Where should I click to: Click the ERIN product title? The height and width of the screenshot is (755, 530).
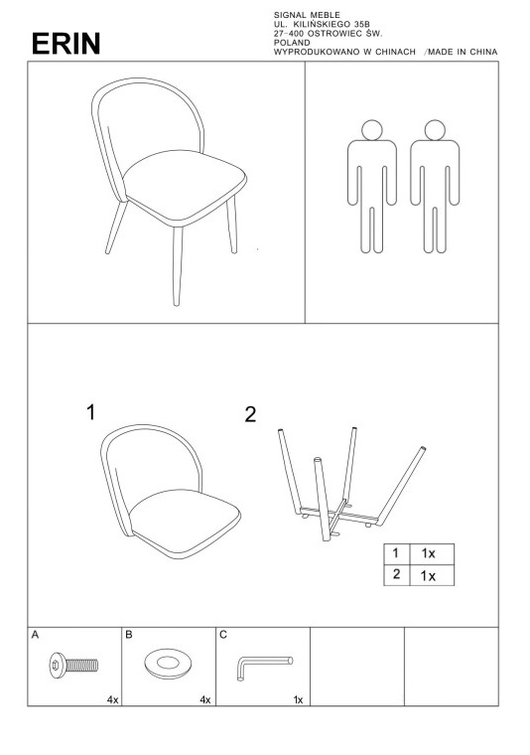tap(66, 44)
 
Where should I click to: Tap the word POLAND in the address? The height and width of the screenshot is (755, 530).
tap(292, 43)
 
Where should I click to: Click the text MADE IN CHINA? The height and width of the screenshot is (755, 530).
tap(463, 52)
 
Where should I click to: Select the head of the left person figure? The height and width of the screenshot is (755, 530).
tap(372, 130)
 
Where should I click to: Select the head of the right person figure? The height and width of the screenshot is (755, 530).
tap(435, 130)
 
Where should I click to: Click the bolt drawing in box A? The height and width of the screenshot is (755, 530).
tap(73, 666)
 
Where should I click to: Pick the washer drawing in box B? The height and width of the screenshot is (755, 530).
tap(168, 664)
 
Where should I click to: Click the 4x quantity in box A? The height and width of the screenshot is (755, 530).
tap(112, 699)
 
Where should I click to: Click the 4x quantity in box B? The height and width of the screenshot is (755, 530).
tap(205, 699)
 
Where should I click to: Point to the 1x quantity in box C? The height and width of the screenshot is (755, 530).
tap(298, 699)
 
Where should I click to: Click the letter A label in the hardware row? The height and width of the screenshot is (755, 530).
tap(35, 635)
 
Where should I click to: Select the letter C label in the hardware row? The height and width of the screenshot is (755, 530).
tap(223, 635)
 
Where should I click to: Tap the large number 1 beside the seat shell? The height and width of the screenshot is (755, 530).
tap(91, 412)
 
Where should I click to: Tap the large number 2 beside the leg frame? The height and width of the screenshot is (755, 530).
tap(250, 414)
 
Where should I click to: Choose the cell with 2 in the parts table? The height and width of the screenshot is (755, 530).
tap(397, 575)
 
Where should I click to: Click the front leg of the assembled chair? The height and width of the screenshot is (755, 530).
tap(178, 266)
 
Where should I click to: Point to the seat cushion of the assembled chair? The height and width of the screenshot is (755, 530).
tap(185, 187)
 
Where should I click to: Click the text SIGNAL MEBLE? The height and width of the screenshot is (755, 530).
tap(307, 16)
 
